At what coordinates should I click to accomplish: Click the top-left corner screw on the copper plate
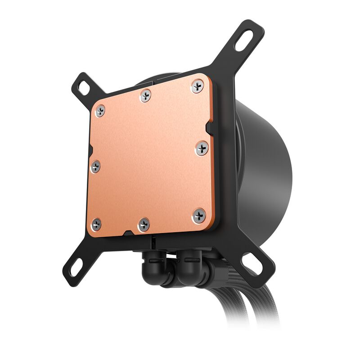[x=100, y=110]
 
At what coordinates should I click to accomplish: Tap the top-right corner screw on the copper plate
[x=197, y=86]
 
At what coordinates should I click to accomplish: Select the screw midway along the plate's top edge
[x=145, y=95]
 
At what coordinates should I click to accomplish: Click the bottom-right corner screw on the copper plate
[x=199, y=216]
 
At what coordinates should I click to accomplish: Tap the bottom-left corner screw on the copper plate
[x=96, y=224]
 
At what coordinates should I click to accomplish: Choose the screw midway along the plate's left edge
[x=95, y=166]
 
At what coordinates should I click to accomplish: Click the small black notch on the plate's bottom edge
[x=127, y=234]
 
